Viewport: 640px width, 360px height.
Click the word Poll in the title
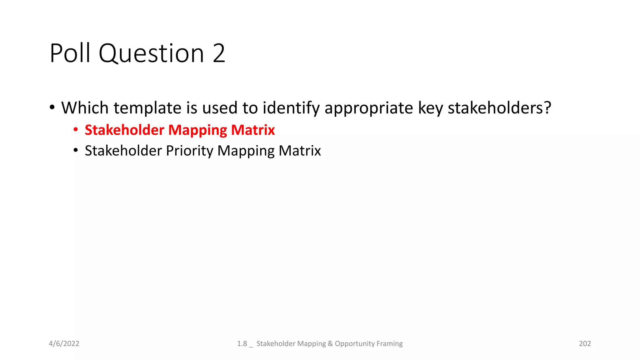pos(70,53)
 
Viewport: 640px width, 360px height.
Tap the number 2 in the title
pos(219,53)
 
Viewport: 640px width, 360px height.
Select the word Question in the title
pos(152,54)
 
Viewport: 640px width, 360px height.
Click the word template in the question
pos(147,108)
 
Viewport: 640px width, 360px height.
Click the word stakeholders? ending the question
pos(499,108)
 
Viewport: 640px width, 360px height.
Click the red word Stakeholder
pos(124,130)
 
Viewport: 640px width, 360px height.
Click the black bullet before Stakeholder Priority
pos(76,150)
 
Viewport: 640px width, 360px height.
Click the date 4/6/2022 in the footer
pos(64,344)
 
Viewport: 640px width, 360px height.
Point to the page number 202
pos(585,344)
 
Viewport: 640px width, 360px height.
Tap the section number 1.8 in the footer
pos(242,344)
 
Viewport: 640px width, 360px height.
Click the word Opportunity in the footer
pos(355,344)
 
